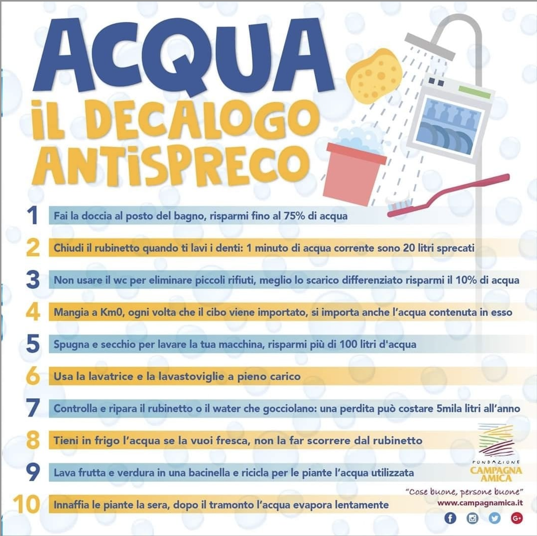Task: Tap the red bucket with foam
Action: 355,169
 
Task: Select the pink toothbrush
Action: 448,195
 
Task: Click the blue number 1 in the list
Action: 32,215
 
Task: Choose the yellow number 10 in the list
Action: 26,504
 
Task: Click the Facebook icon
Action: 450,518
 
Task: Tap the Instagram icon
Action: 472,518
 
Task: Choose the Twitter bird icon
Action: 494,518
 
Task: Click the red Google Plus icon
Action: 516,518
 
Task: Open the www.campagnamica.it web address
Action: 480,503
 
